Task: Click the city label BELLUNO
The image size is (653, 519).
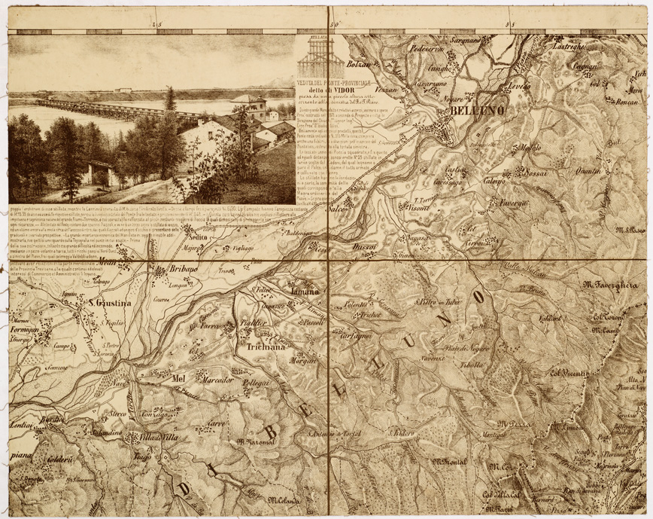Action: click(472, 112)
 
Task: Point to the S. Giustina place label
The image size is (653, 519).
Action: click(111, 304)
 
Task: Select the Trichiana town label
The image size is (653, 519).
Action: click(264, 347)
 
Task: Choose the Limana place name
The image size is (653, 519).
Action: click(305, 290)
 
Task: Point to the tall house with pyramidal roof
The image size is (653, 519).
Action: click(248, 105)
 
